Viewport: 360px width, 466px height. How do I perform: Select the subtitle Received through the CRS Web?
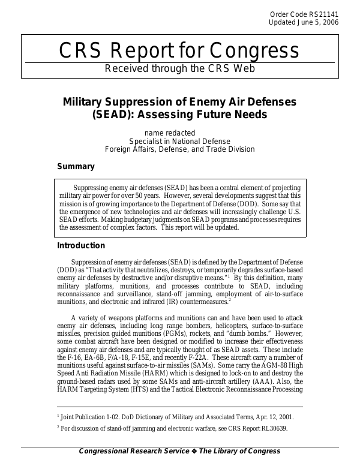180,68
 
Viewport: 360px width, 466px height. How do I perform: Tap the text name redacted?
170,133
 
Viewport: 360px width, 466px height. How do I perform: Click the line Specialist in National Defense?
180,141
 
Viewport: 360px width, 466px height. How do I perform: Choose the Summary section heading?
76,166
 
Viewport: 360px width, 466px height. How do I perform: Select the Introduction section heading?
80,245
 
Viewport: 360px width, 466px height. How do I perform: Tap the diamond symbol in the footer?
194,452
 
